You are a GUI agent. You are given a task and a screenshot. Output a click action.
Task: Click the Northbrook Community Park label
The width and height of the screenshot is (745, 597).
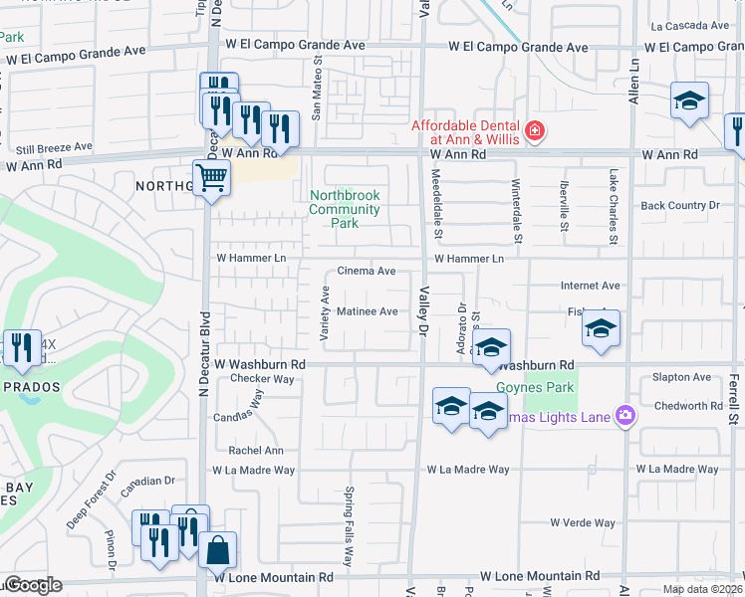click(x=345, y=209)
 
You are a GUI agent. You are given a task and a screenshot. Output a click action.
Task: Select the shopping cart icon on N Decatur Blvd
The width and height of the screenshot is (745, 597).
click(x=211, y=179)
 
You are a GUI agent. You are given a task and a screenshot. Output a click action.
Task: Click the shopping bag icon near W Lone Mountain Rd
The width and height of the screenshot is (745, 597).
click(x=217, y=549)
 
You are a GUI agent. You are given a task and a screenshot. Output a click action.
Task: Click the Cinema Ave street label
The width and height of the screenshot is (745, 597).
click(x=367, y=271)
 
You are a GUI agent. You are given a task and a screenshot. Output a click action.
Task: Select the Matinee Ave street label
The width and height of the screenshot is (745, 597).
click(x=367, y=311)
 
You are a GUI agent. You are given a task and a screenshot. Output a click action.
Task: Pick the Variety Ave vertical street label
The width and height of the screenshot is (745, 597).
click(x=325, y=315)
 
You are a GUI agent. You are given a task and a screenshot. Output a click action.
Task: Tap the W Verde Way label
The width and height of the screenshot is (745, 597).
click(x=583, y=522)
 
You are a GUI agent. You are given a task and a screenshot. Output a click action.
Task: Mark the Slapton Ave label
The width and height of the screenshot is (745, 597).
click(x=681, y=377)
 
